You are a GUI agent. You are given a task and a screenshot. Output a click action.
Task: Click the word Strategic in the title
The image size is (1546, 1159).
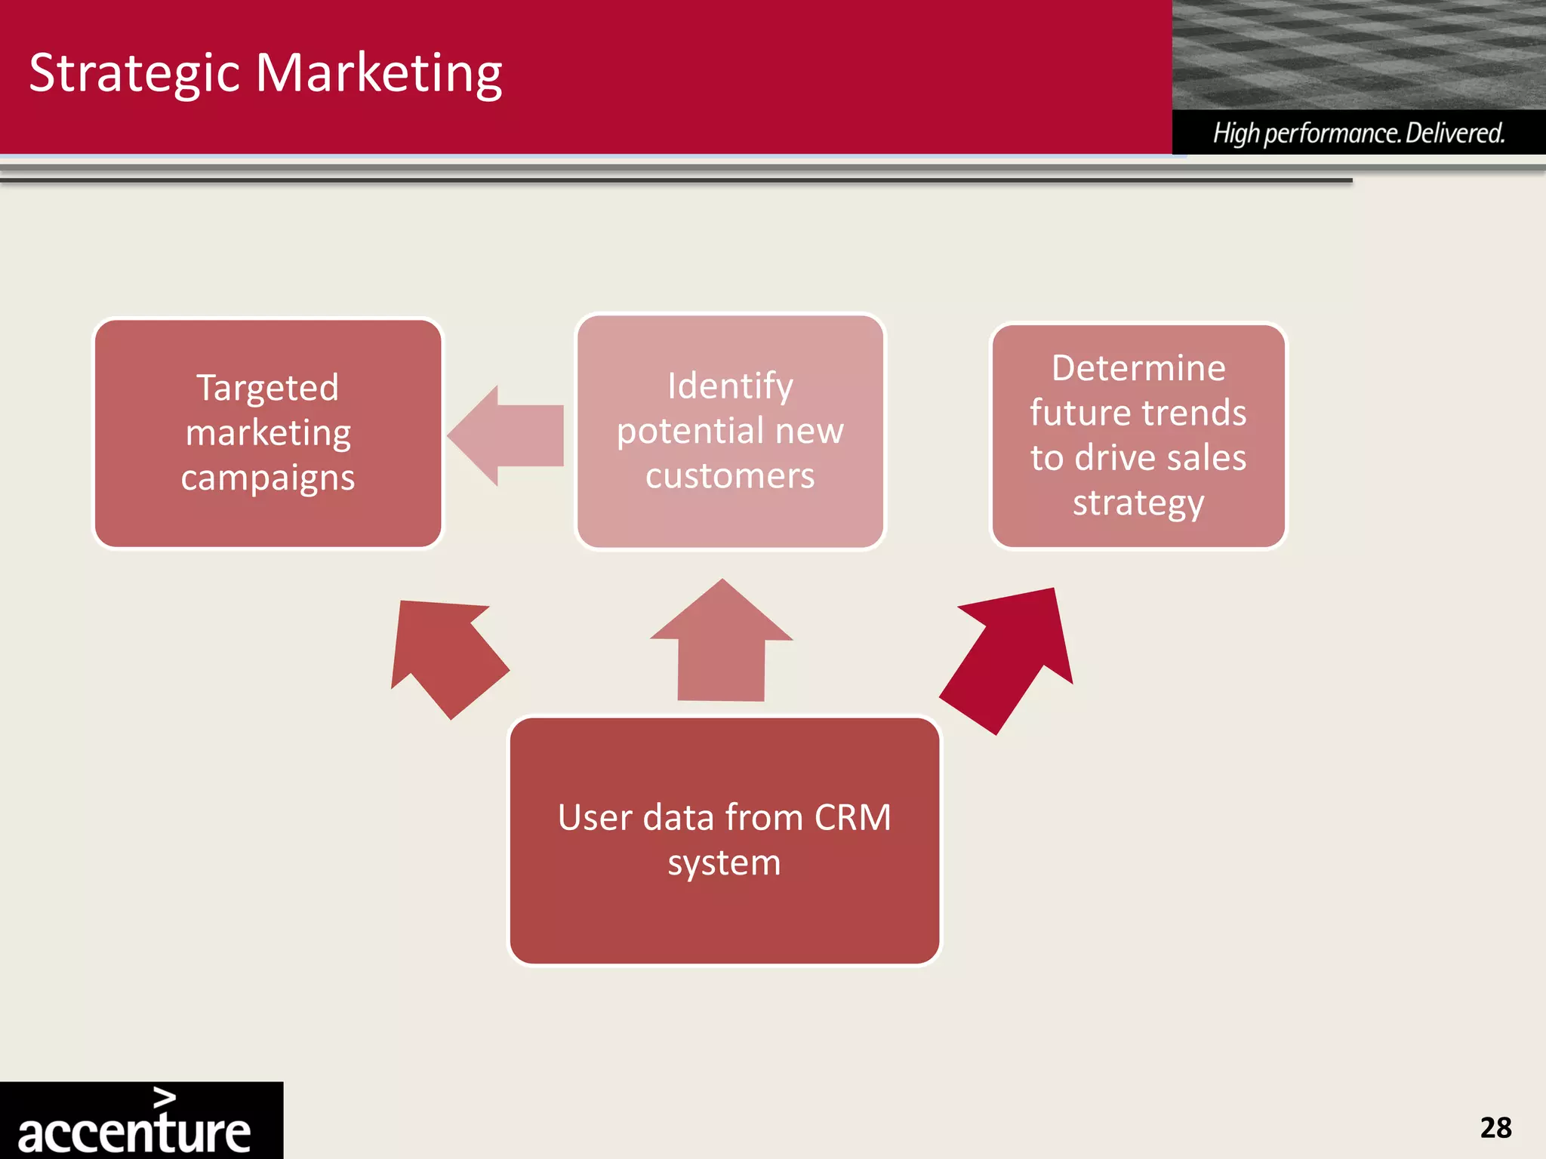[134, 74]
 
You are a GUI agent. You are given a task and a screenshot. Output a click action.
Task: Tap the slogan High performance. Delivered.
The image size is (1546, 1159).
[1358, 134]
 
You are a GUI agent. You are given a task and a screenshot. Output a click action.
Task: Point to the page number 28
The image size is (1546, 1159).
[1495, 1128]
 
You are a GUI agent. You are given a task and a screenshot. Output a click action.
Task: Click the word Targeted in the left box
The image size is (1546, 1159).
[267, 388]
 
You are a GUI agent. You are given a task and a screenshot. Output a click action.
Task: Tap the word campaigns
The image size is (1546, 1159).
[267, 478]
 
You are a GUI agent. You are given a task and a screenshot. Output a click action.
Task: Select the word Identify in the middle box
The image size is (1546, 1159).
[730, 386]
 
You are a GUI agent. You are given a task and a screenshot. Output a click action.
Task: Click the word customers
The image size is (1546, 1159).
[730, 476]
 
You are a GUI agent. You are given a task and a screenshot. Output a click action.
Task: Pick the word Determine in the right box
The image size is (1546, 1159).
[1138, 368]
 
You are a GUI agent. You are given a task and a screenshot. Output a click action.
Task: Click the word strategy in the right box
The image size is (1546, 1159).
[1138, 503]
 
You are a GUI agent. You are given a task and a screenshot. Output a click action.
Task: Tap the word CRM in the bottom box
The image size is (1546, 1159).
[852, 818]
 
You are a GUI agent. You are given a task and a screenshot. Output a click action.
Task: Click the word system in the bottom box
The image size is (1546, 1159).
[724, 862]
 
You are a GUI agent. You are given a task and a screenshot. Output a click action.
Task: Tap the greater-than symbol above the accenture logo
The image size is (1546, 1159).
[165, 1097]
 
